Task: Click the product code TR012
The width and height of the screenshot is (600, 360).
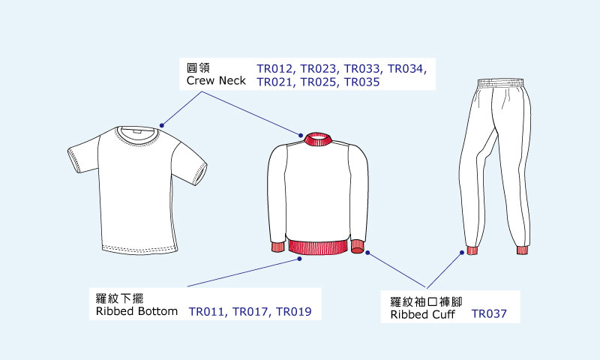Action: coord(276,69)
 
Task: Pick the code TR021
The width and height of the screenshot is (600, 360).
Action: coord(276,82)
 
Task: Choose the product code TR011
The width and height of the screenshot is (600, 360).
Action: coord(208,311)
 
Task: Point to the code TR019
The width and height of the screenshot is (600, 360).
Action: coord(293,311)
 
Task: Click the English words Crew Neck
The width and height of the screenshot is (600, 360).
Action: coord(216,81)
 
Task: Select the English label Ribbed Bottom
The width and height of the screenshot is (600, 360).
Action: coord(137,311)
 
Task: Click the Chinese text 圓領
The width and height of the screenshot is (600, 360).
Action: coord(197,67)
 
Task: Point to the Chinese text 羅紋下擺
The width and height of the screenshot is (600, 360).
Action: coord(114,298)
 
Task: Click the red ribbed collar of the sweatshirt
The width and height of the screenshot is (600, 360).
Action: coord(319,139)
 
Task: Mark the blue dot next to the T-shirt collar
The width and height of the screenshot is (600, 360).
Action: coord(160,123)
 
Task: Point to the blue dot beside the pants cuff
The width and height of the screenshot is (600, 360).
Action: coord(460,253)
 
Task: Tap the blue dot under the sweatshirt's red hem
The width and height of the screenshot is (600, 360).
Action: coord(300,259)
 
